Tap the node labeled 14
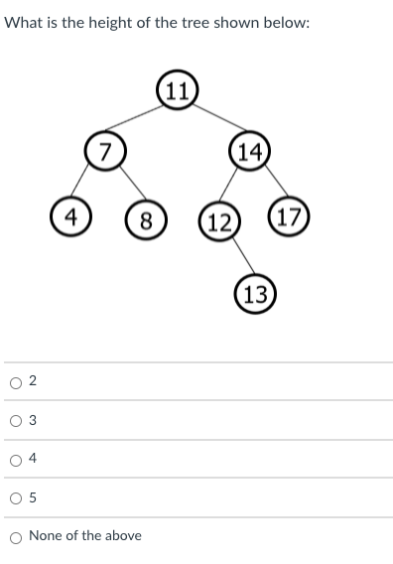[250, 152]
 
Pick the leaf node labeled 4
[70, 216]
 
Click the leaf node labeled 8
[146, 219]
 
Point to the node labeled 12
[219, 220]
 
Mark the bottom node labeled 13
[255, 294]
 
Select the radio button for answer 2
[15, 382]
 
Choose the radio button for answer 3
[15, 421]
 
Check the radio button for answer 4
[15, 459]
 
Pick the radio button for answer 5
[15, 497]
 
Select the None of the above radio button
[15, 536]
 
